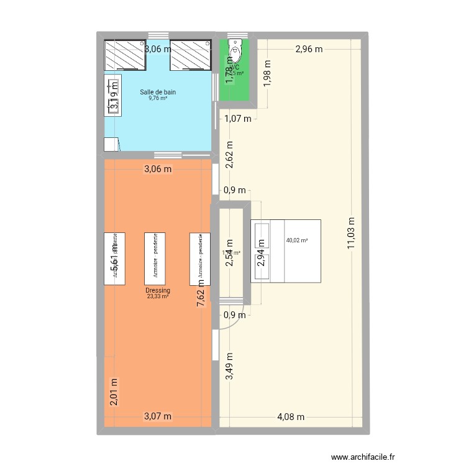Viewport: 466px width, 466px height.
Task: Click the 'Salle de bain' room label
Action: (158, 92)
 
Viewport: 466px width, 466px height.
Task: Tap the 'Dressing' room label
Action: (158, 290)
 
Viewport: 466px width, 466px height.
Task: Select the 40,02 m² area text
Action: (296, 240)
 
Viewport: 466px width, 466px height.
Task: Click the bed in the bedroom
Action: (286, 251)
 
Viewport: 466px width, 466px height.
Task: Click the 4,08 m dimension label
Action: (291, 417)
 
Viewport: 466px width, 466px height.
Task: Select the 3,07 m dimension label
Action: (158, 417)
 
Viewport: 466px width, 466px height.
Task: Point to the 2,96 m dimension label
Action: (309, 48)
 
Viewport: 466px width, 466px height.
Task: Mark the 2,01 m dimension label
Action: (113, 392)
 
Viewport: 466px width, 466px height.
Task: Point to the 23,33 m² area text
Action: (158, 296)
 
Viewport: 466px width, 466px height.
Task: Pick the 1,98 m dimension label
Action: (268, 73)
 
